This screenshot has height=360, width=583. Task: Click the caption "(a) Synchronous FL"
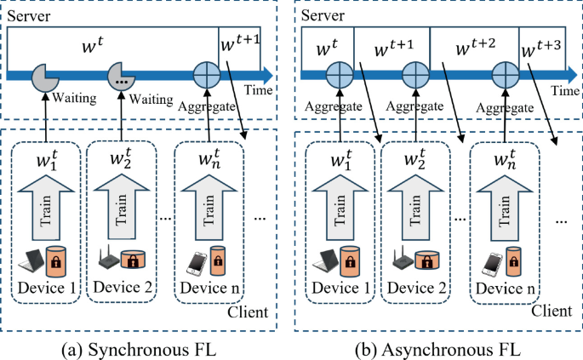tap(141, 348)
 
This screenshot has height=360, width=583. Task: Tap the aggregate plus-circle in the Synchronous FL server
tap(207, 75)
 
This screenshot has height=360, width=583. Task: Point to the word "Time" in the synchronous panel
tap(255, 89)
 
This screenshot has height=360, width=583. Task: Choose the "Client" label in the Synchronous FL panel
tap(249, 314)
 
